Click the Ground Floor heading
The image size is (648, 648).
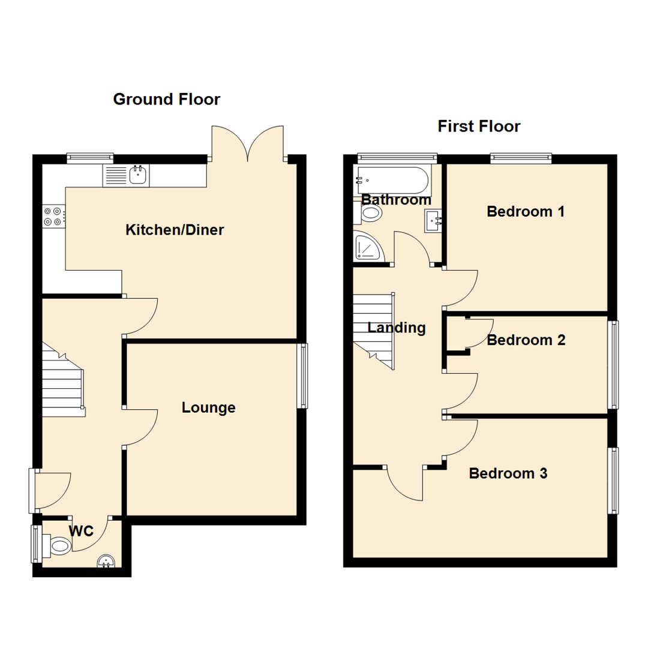167,99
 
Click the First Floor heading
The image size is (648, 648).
479,127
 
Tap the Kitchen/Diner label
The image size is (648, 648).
175,230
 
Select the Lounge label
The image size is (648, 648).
209,408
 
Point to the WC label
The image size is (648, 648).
80,531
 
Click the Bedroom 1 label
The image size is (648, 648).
526,212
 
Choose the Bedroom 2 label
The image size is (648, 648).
526,340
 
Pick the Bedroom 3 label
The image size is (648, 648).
508,473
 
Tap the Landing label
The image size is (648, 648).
397,328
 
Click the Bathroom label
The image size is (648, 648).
396,200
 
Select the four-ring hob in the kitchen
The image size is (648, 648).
53,216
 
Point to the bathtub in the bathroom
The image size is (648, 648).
392,178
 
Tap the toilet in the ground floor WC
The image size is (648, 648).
59,545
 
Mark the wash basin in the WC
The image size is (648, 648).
106,561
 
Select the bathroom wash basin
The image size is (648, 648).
435,221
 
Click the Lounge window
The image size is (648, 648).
304,376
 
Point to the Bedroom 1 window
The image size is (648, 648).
521,158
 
